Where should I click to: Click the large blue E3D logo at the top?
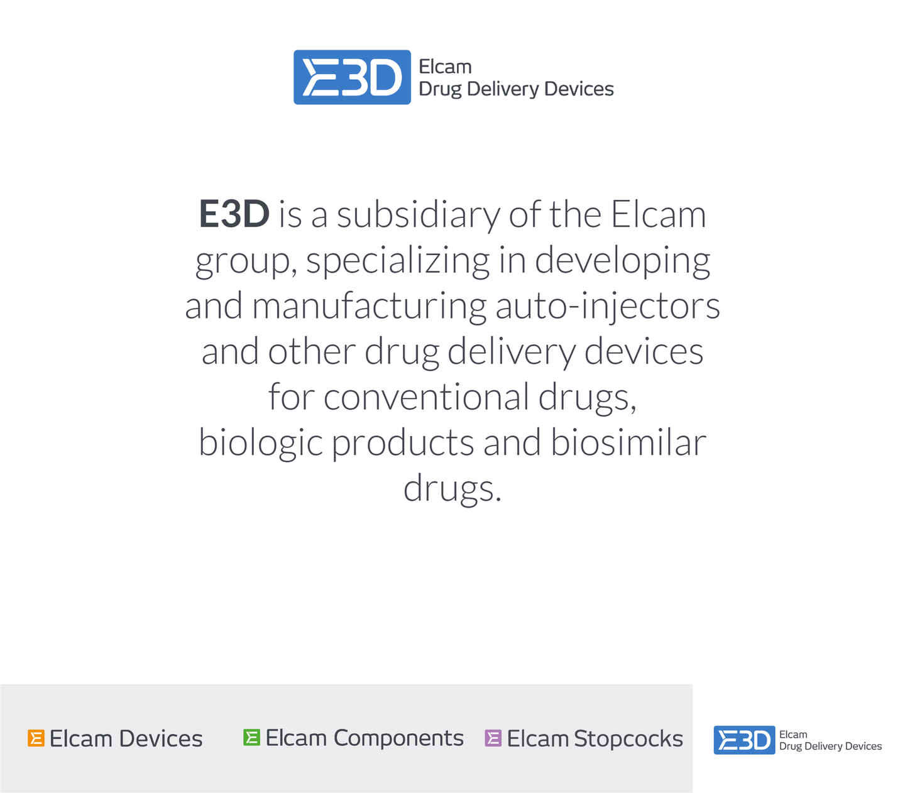tap(352, 77)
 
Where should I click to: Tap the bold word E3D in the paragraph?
tap(234, 214)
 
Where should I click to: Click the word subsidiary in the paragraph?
tap(418, 216)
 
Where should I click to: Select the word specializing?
tap(398, 262)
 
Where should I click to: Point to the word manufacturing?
tap(369, 307)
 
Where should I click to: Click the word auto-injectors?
tap(608, 306)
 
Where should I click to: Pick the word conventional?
tap(426, 397)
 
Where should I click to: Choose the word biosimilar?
tap(628, 442)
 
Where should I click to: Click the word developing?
tap(622, 262)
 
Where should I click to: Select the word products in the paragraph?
tap(402, 444)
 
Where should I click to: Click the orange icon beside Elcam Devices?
tap(36, 738)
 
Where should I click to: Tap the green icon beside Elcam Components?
tap(251, 737)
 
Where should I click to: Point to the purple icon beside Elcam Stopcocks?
tap(493, 738)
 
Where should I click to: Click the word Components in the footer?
tap(398, 738)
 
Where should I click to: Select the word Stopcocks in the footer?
tap(628, 738)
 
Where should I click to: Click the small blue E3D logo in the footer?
tap(744, 740)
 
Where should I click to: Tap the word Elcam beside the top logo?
tap(445, 67)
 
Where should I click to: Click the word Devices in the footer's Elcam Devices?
tap(161, 738)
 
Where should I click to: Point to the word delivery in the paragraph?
tap(511, 353)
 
